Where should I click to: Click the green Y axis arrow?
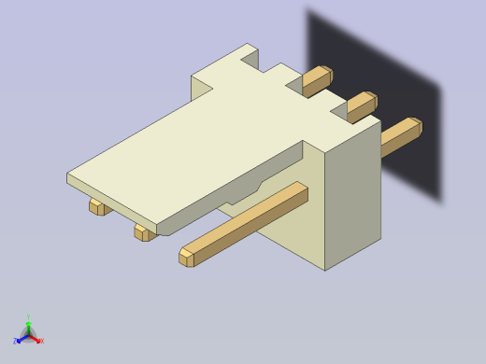coord(28,325)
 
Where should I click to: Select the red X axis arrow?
coord(36,339)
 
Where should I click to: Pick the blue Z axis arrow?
coord(21,339)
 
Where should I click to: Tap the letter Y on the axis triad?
coord(28,317)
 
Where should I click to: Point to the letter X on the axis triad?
coord(42,342)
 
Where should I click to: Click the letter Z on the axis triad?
coord(15,342)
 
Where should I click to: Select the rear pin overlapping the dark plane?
coord(402,135)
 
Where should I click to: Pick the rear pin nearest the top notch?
coord(317,80)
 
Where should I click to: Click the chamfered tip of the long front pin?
coord(187,256)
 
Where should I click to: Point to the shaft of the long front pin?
coord(252,220)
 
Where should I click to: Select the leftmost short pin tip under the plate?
coord(96,206)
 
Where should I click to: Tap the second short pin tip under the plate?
coord(142,232)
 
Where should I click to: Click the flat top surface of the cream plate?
coord(187,149)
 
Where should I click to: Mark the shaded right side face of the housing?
coord(353,196)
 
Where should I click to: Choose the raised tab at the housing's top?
coord(234,61)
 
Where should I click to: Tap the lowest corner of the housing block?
coord(325,269)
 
